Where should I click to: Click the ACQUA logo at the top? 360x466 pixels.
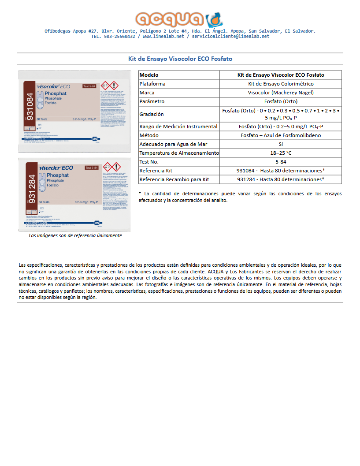179,19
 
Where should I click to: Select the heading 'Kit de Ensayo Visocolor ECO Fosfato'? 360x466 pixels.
180,59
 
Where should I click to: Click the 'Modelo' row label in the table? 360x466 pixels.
149,75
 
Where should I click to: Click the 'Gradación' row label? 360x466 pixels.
152,114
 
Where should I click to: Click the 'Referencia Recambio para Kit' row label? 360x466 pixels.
174,179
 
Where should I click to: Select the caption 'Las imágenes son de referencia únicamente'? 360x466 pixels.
75,235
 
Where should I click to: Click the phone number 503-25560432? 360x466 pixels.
119,37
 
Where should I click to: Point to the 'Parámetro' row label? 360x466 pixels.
152,101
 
